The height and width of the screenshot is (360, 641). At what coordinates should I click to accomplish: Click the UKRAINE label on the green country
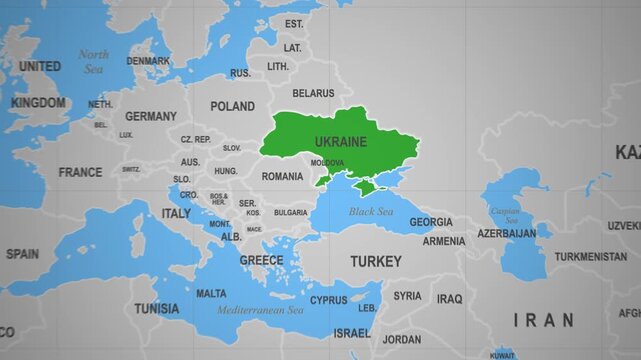[x=340, y=142]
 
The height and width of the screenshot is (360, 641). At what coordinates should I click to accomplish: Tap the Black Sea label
[x=370, y=212]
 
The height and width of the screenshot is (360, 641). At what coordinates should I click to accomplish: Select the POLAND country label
[x=232, y=106]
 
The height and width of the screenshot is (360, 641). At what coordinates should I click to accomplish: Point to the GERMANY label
[x=151, y=116]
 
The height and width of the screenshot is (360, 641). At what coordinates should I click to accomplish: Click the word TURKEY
[x=375, y=261]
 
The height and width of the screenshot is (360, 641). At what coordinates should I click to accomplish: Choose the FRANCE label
[x=80, y=172]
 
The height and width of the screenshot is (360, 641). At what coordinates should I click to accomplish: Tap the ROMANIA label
[x=282, y=177]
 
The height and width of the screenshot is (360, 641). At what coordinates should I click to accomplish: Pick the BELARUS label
[x=313, y=93]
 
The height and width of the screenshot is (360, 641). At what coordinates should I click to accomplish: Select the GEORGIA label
[x=431, y=222]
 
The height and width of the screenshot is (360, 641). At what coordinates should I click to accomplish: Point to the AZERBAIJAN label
[x=506, y=233]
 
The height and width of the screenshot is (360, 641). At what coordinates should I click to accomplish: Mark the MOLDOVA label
[x=327, y=163]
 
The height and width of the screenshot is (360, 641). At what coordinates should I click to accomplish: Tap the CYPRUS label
[x=328, y=300]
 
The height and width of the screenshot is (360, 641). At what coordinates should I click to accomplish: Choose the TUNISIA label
[x=157, y=308]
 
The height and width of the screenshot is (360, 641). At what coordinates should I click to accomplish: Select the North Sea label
[x=93, y=62]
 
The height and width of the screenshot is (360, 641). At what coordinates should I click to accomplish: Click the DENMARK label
[x=148, y=61]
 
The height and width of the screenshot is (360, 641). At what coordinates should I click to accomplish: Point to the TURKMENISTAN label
[x=591, y=257]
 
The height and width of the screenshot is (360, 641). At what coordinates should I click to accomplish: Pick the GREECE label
[x=261, y=260]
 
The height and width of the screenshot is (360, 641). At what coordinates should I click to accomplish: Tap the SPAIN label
[x=22, y=254]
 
